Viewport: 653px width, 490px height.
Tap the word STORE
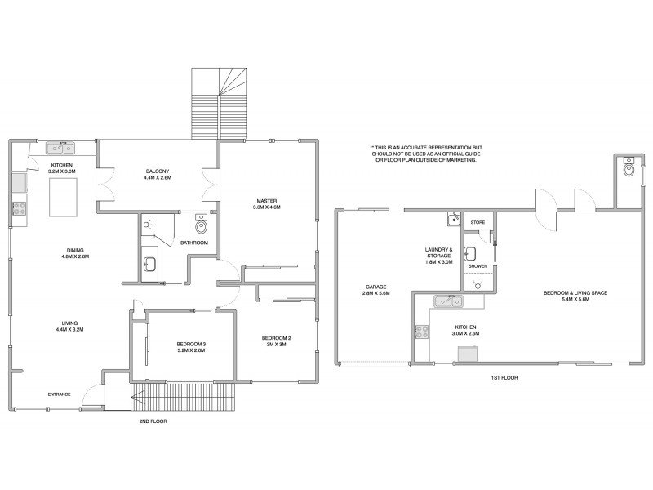coord(478,222)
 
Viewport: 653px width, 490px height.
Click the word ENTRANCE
coord(59,394)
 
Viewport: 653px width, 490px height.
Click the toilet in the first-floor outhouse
coord(627,169)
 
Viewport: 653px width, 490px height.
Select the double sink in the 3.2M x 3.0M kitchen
coord(60,148)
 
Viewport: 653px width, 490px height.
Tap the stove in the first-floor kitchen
coord(422,332)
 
